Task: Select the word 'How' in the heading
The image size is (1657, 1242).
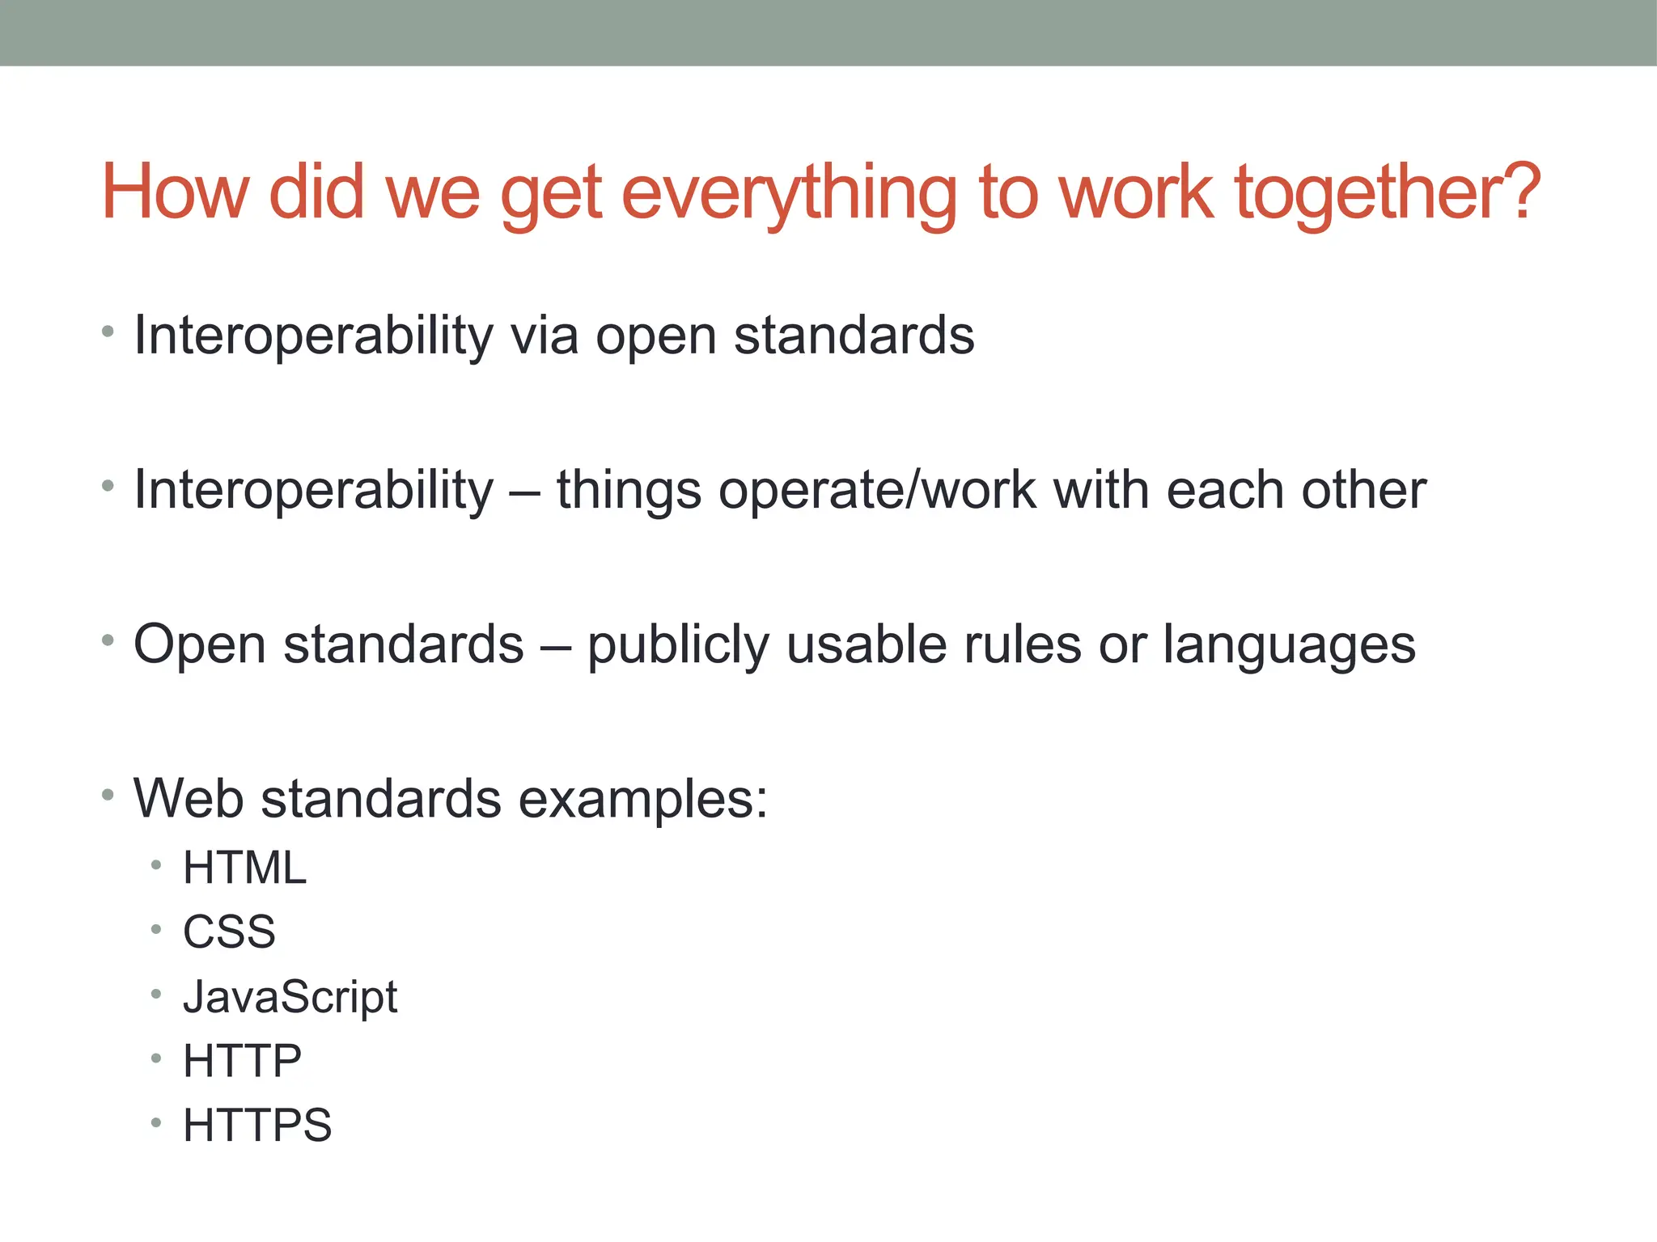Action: click(x=175, y=192)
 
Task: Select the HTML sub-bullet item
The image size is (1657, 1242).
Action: click(x=244, y=868)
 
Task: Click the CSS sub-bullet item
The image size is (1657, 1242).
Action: click(x=229, y=931)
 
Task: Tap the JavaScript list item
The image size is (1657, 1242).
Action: click(x=290, y=997)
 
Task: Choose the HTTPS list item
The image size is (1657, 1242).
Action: click(x=257, y=1125)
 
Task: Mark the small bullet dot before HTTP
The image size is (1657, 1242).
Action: click(x=156, y=1058)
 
